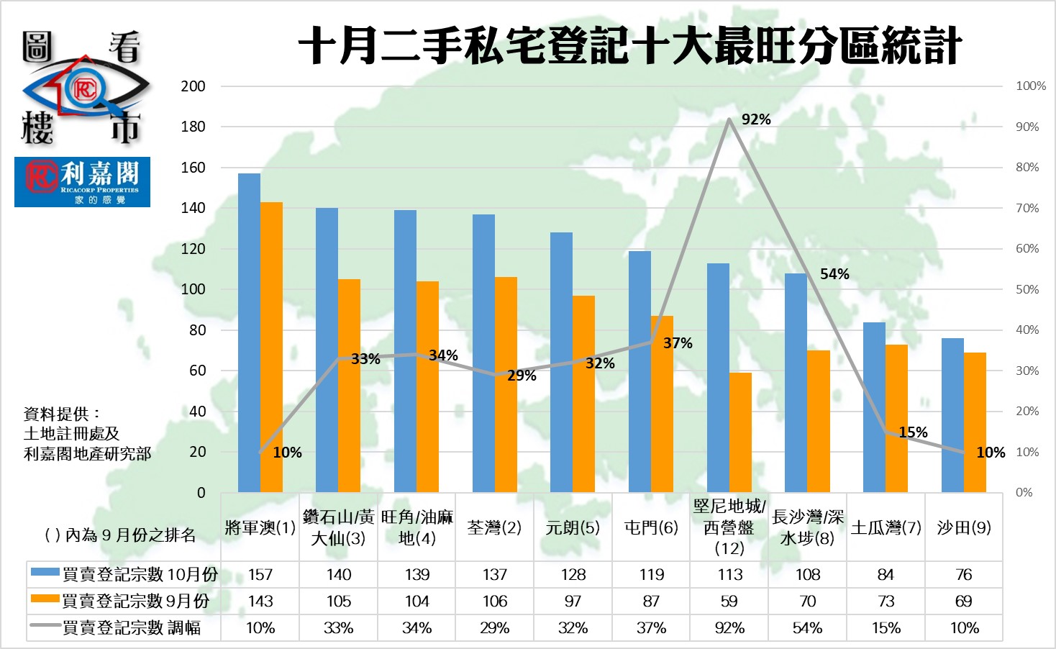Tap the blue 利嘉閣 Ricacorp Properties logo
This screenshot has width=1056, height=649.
pos(82,182)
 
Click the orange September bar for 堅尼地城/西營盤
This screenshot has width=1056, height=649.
pos(740,432)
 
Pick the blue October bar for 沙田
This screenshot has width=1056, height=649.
pos(952,415)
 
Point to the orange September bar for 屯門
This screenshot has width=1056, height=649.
pos(662,404)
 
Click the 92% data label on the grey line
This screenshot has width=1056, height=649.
pos(756,119)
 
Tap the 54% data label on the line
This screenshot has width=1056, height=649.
pos(834,274)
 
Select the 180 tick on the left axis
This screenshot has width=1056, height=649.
pos(193,127)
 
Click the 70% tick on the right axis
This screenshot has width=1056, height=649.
pos(1027,208)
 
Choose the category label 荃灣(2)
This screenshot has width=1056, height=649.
pos(494,528)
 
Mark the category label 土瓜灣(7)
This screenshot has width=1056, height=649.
pos(886,528)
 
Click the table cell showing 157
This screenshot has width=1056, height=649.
pos(260,575)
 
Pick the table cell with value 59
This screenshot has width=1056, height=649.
pos(729,602)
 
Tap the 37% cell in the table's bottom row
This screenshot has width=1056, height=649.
pos(651,628)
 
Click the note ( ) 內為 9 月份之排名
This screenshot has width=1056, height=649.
pos(120,535)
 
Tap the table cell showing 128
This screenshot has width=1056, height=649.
pos(573,575)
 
